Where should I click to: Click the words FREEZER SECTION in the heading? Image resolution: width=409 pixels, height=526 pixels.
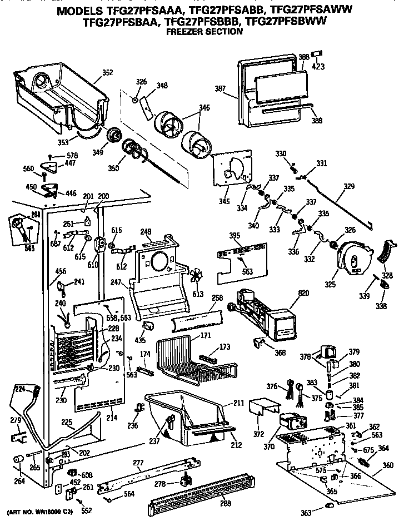[205, 32]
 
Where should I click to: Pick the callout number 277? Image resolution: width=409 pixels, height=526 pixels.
[138, 462]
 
